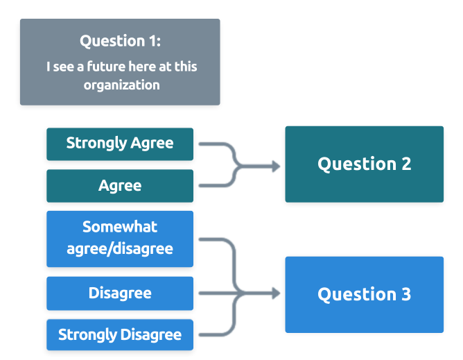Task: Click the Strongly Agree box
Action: point(119,144)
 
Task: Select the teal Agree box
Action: point(119,185)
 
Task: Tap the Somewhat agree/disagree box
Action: point(119,238)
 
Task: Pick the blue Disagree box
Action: point(119,293)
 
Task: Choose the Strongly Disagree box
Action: point(119,334)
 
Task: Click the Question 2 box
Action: point(364,164)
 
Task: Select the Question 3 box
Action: point(364,294)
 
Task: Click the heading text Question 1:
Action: point(120,41)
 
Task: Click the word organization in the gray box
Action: point(122,85)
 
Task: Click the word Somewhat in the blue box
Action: point(120,227)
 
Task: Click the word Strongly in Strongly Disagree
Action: point(87,334)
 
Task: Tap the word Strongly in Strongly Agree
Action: point(96,144)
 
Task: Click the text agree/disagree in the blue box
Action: point(120,248)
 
